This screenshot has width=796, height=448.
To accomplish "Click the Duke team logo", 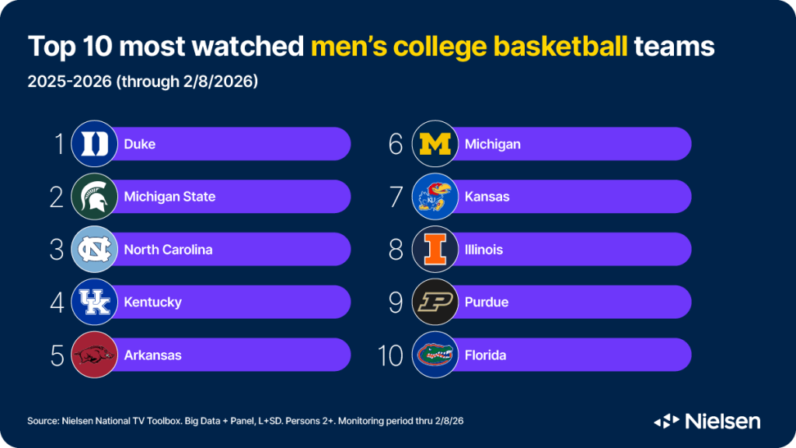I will point(93,144).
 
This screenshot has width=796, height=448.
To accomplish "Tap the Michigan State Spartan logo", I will point(93,197).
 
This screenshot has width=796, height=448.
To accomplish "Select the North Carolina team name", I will point(168,250).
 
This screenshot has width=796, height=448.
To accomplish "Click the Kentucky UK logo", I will point(93,302).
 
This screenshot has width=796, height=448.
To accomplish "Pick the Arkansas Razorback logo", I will point(93,355).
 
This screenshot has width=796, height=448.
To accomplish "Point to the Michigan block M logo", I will point(434,144).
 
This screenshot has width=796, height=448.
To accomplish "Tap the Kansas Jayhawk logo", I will point(434,197).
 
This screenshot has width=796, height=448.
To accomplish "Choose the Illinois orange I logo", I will point(434,250).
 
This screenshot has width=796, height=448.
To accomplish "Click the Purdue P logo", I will point(434,302).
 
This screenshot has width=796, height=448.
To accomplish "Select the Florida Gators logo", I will point(434,355).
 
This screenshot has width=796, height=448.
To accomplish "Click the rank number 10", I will point(391,355).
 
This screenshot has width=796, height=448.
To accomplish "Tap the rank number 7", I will point(396,197).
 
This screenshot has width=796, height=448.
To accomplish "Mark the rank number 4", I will point(56,302).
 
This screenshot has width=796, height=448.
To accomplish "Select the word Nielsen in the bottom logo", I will point(723,421).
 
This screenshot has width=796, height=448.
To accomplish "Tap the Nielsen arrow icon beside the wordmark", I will point(667,421).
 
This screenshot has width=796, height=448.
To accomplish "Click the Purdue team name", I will point(486,302).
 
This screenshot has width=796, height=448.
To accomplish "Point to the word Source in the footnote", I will point(44,421).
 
